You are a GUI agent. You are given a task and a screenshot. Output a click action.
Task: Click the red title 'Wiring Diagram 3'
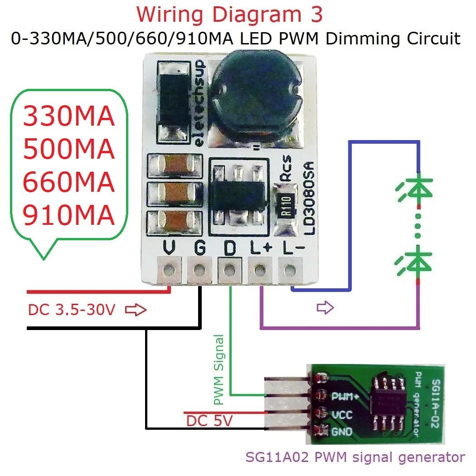pyautogui.click(x=229, y=15)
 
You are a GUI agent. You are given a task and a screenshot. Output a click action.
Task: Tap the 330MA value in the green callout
pyautogui.click(x=68, y=117)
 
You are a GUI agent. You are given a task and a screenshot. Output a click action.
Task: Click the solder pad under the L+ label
pyautogui.click(x=259, y=271)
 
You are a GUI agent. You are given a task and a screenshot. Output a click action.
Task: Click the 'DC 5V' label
pyautogui.click(x=209, y=421)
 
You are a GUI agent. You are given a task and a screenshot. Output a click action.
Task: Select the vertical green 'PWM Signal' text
pyautogui.click(x=219, y=369)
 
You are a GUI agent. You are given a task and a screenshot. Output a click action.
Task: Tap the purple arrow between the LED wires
pyautogui.click(x=325, y=308)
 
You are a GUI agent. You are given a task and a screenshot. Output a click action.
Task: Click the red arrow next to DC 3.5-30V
pyautogui.click(x=136, y=310)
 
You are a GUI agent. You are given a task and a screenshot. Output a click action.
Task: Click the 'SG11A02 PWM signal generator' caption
pyautogui.click(x=355, y=457)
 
